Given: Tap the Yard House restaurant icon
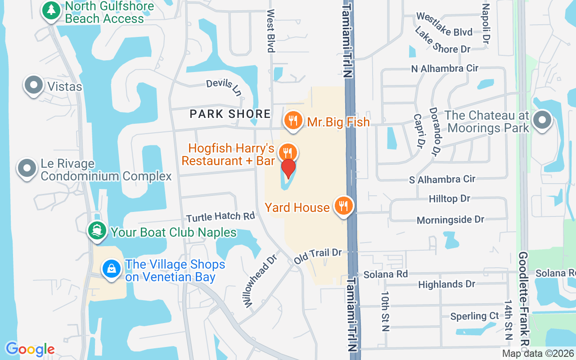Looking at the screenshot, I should click(344, 206).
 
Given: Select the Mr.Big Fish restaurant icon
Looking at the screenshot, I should click(293, 120).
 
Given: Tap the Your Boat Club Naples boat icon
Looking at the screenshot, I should click(97, 231).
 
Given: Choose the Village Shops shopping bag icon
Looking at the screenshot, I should click(111, 269).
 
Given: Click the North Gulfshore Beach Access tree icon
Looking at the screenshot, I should click(51, 10).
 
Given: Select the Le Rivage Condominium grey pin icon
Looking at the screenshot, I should click(27, 168).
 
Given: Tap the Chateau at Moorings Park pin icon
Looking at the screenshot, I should click(542, 120).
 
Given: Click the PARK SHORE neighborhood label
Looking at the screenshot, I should click(230, 114).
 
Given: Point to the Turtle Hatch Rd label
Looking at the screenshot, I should click(220, 217).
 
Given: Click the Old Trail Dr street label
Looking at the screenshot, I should click(318, 256).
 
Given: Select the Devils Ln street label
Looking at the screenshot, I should click(224, 87).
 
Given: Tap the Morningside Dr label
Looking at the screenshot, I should click(450, 220).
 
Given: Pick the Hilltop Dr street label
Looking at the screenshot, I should click(449, 198).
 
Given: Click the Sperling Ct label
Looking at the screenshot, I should click(475, 316).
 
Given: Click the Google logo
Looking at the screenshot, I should click(30, 349).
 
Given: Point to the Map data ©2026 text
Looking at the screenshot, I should click(537, 354).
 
